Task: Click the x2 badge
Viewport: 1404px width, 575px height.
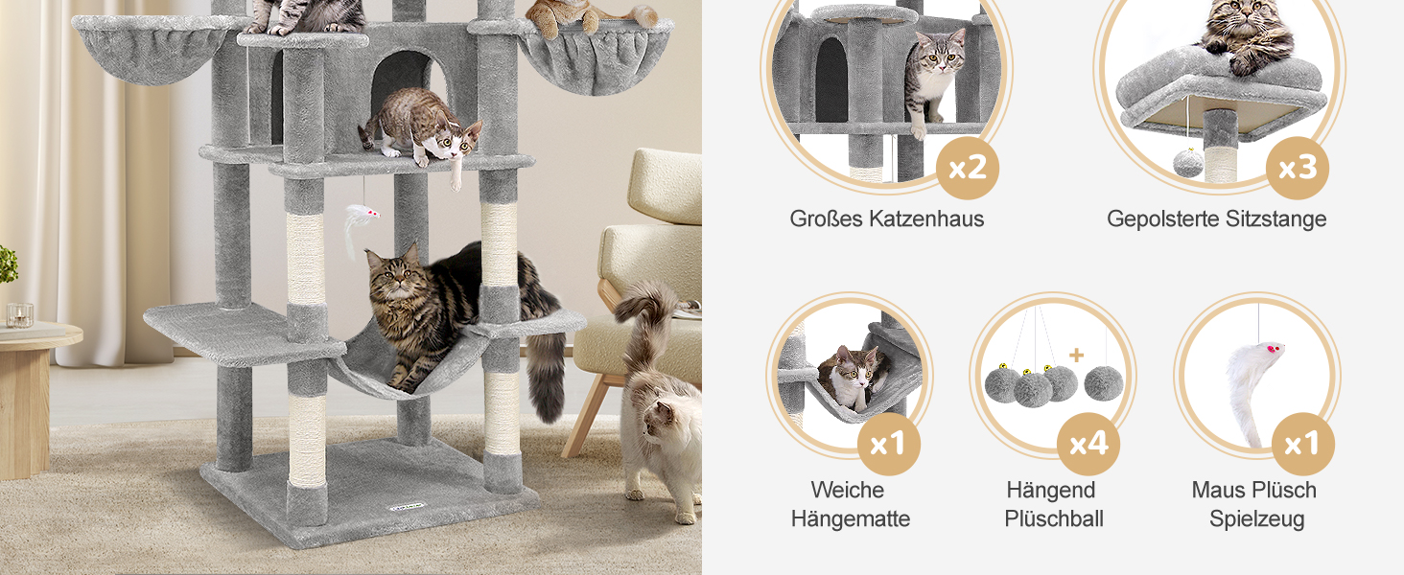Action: (967, 168)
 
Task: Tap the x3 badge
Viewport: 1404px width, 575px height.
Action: (1297, 168)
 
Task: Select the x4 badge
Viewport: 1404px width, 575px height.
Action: (1088, 444)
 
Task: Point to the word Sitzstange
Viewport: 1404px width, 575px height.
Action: (1275, 218)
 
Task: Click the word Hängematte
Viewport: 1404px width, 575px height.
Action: (850, 518)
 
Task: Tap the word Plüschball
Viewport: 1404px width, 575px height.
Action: (1054, 518)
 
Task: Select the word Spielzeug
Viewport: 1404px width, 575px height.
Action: (1256, 518)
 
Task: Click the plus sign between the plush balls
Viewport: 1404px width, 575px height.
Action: (1076, 356)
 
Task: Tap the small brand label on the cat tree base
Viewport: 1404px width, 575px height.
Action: (407, 506)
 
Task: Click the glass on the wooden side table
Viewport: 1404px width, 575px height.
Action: (19, 315)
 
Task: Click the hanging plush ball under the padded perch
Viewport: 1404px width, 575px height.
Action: (1188, 163)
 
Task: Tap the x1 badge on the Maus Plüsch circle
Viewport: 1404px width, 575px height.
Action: (1303, 444)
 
